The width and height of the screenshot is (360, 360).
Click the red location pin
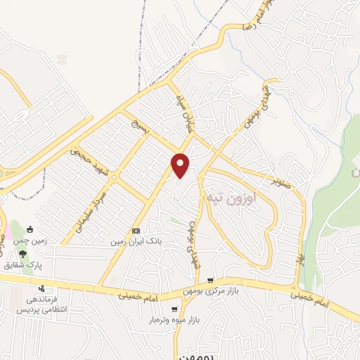point(181,165)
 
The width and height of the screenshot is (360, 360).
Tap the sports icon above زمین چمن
point(30,229)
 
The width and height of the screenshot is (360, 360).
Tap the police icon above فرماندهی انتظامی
point(41,288)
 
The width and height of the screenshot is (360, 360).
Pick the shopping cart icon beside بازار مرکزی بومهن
point(210,281)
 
